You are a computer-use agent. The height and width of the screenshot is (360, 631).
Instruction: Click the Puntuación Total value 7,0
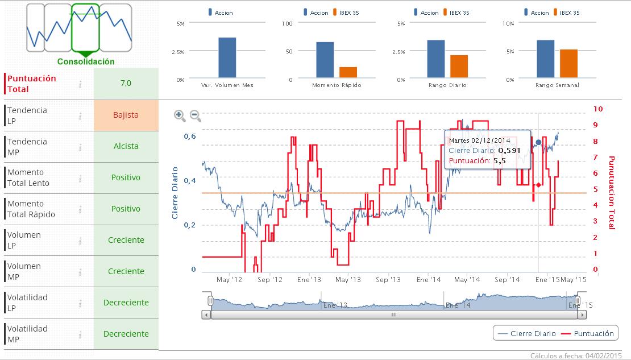(x=126, y=83)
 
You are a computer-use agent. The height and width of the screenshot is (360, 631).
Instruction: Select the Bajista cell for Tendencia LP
(x=126, y=115)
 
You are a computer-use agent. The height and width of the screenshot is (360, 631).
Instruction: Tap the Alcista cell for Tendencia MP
(x=126, y=146)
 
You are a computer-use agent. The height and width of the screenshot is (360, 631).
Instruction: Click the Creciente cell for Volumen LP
(x=126, y=240)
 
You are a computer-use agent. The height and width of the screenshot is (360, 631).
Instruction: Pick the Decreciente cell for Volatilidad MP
(x=126, y=334)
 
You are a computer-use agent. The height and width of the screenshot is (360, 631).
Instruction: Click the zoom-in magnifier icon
(x=180, y=115)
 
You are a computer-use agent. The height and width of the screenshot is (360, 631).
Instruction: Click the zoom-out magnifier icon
(x=195, y=115)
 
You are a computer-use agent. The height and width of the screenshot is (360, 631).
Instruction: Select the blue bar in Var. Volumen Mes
(x=227, y=57)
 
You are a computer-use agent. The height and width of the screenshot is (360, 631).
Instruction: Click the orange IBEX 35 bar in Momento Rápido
(x=348, y=72)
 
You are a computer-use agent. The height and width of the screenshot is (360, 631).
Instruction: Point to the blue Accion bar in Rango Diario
(x=436, y=59)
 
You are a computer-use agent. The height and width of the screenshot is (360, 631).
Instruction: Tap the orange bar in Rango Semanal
(x=568, y=64)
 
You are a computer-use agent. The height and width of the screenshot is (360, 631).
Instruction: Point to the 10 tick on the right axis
(x=598, y=109)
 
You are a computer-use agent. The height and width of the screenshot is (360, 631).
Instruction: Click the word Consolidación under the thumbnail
(x=86, y=61)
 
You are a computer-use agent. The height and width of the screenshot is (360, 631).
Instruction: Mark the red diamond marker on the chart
(x=538, y=185)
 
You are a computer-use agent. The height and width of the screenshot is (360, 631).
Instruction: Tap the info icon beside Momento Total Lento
(x=81, y=178)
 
